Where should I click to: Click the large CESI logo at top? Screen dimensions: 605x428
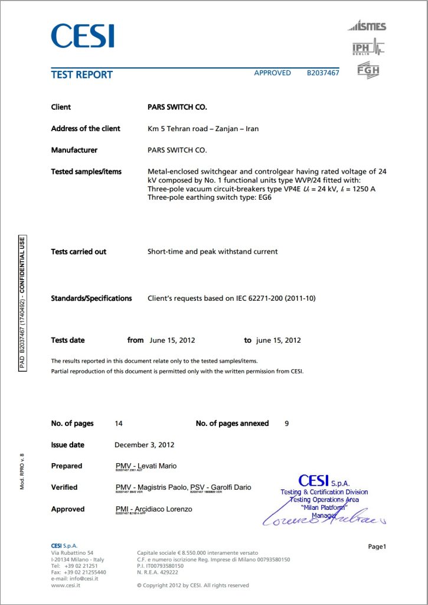[82, 36]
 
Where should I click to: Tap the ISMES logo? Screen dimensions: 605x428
[367, 26]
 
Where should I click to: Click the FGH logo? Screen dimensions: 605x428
[368, 70]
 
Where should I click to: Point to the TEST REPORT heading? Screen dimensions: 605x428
[81, 74]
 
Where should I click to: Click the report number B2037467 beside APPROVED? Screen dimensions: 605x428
[323, 73]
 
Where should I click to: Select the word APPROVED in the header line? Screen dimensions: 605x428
[272, 73]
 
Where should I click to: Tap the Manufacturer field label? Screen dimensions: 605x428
[74, 150]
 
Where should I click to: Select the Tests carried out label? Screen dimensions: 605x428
[79, 252]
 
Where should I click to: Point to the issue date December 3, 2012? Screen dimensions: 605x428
[144, 444]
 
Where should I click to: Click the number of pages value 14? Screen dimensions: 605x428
[119, 424]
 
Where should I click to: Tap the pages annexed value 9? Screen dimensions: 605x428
[286, 424]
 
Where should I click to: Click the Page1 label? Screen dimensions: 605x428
[377, 547]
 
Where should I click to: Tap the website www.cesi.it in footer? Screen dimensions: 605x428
[66, 585]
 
